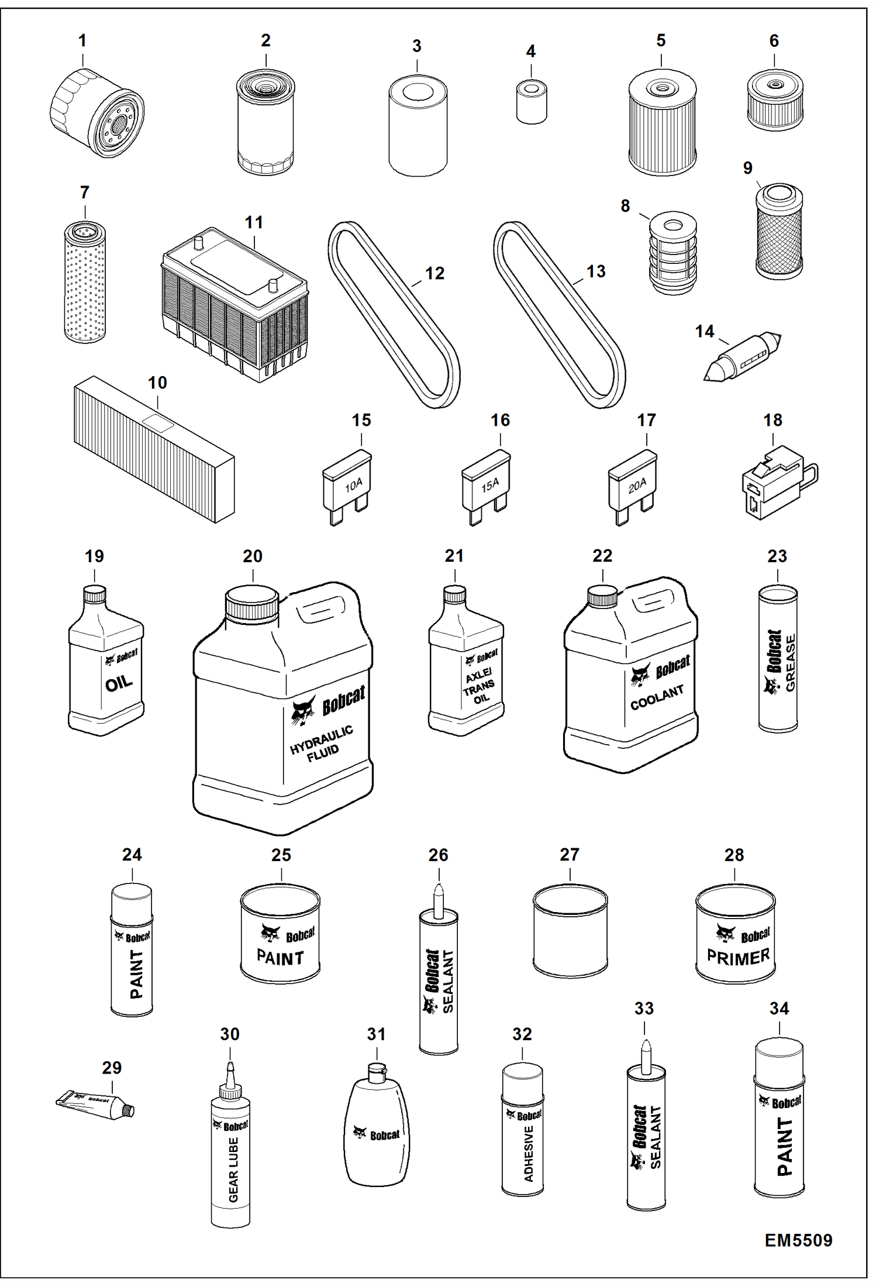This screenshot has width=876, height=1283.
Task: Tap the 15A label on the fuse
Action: click(490, 484)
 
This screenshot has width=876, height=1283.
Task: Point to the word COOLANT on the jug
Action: click(657, 697)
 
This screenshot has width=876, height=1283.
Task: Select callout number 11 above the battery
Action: click(254, 222)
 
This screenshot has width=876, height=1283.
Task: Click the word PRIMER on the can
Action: click(738, 957)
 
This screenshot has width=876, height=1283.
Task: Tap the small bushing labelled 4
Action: click(532, 103)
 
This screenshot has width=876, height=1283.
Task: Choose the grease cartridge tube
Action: click(778, 659)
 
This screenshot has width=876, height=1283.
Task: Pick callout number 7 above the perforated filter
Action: click(85, 192)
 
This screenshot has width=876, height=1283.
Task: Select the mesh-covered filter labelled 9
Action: click(778, 233)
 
